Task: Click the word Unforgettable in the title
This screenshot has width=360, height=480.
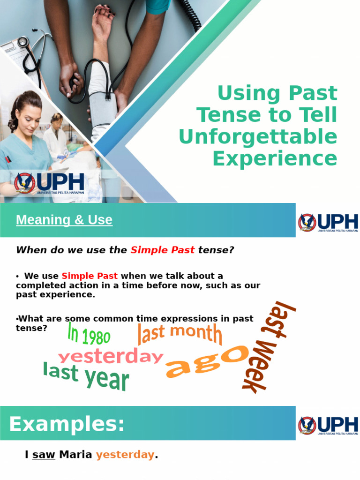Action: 258,137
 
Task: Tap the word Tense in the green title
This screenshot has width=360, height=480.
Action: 223,115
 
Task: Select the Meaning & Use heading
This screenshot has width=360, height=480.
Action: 64,220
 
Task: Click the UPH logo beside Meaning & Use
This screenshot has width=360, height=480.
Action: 328,223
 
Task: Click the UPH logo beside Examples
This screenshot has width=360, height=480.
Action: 328,426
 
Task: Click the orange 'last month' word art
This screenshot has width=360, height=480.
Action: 180,334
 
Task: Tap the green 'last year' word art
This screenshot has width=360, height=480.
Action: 86,376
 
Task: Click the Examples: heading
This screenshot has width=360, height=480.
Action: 67,425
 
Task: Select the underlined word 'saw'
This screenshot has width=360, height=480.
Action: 44,455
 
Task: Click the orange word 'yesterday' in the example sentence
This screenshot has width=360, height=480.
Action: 125,455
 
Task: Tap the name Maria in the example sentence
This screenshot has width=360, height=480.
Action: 75,455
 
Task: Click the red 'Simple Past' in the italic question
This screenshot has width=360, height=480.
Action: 162,250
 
